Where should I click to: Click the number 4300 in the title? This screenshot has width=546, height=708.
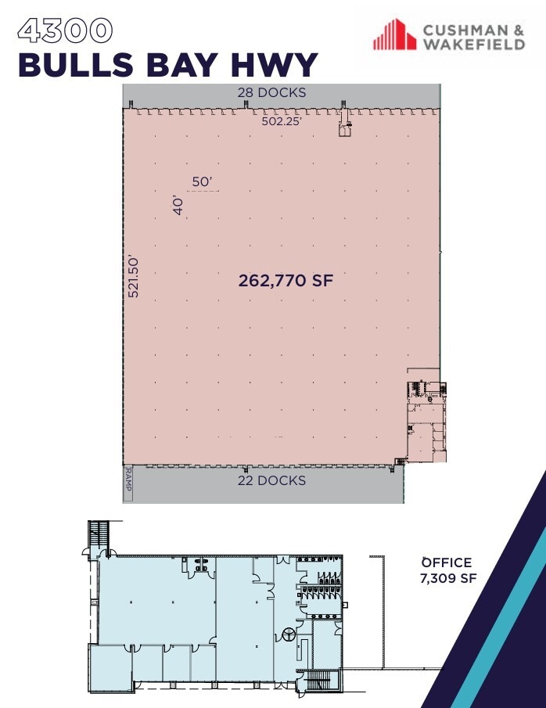[65, 31]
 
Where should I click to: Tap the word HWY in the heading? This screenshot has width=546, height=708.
[275, 65]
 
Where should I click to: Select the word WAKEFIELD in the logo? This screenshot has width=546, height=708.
[473, 45]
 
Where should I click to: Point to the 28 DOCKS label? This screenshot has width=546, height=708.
[271, 92]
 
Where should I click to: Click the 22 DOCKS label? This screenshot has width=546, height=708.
[271, 480]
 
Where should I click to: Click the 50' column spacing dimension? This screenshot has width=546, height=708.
[202, 181]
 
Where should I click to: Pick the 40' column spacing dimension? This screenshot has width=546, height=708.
[178, 206]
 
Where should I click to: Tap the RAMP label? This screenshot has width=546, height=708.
[128, 483]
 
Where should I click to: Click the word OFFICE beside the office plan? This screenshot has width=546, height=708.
[447, 562]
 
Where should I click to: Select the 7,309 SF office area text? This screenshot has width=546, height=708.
[447, 579]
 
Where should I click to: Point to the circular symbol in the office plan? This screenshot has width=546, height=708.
[287, 635]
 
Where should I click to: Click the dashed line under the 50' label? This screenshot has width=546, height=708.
[203, 191]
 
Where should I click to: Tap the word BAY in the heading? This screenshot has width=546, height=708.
[191, 65]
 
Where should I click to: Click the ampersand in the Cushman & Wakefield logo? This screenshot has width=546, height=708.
[518, 31]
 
